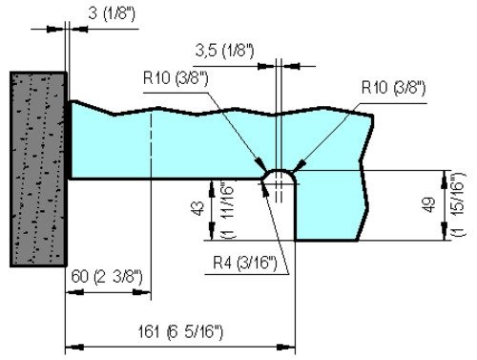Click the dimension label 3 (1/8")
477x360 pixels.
(x=112, y=13)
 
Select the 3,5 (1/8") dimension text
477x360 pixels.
(x=224, y=51)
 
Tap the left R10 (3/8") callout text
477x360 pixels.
(x=176, y=77)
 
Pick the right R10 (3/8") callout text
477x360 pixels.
(x=393, y=87)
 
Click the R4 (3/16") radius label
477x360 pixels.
(x=245, y=263)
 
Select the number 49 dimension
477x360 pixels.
(x=429, y=205)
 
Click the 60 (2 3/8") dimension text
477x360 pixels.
(x=107, y=276)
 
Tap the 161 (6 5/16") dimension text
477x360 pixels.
(x=180, y=331)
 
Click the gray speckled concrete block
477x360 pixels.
(x=38, y=169)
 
